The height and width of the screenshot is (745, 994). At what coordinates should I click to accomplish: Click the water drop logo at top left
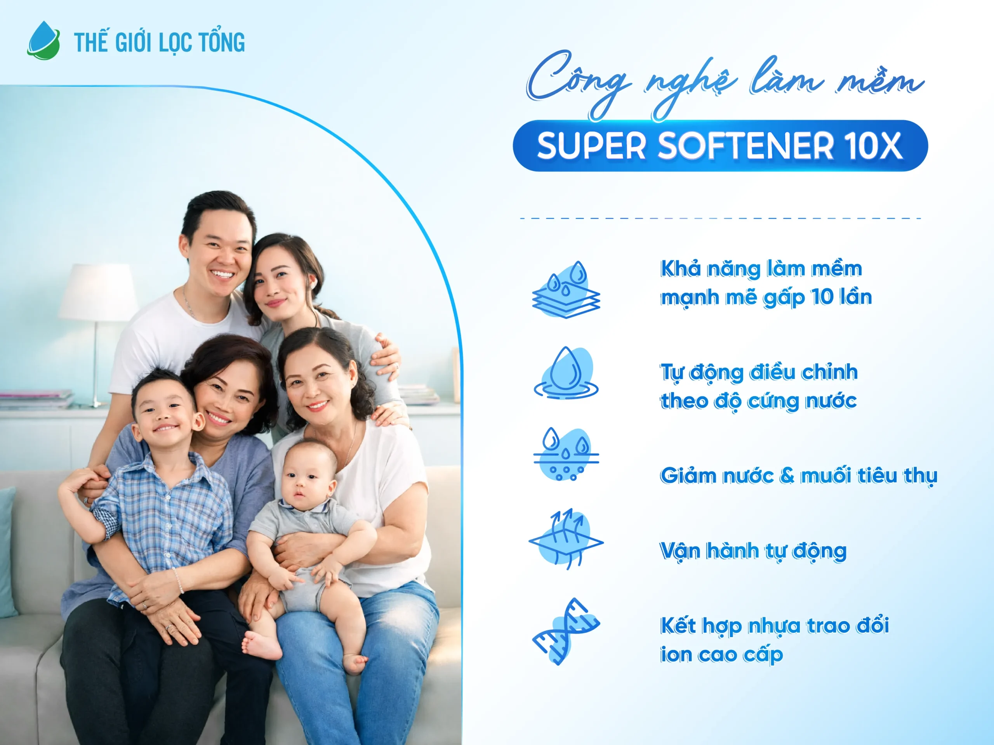coord(43,40)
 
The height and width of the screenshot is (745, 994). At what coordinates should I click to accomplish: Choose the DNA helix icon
coord(566,631)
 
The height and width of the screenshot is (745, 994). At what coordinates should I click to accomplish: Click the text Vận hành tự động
coord(753,551)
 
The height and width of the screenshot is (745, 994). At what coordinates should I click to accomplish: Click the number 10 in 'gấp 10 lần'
coord(822,297)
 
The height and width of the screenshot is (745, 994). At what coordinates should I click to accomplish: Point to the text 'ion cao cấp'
coord(721,655)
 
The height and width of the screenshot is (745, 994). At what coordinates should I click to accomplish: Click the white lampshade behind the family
coord(99,292)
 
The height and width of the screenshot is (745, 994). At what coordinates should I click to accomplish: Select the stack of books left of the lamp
coord(36,399)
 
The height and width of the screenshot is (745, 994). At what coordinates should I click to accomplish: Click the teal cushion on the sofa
coord(7,553)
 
